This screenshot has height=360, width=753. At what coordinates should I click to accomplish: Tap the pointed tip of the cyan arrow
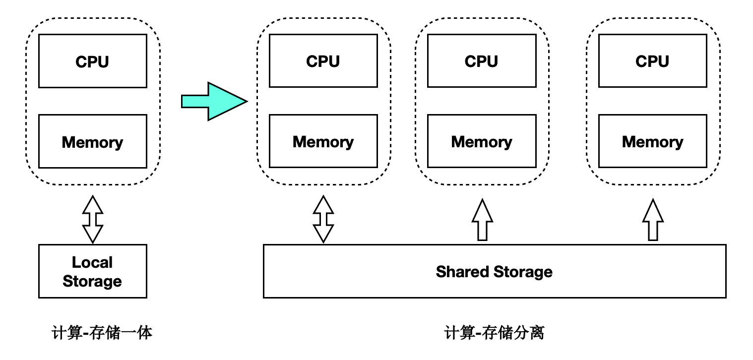coord(245,101)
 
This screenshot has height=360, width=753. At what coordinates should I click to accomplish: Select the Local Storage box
coord(92,271)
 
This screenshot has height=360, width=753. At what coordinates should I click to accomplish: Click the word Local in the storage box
coord(92,262)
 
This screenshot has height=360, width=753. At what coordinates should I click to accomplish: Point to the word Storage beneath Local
coord(92,281)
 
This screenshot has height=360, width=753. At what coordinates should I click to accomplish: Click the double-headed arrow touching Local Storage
coord(92,219)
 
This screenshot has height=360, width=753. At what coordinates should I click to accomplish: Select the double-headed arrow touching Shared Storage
coord(323,219)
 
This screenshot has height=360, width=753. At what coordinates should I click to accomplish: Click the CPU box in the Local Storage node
coord(92,61)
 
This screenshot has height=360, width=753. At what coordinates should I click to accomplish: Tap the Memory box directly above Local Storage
coord(92,141)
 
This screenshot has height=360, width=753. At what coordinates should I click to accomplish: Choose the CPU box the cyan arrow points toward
coord(323,61)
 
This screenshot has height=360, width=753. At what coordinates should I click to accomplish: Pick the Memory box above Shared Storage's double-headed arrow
coord(323,141)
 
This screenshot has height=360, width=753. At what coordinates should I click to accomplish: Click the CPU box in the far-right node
coord(652,61)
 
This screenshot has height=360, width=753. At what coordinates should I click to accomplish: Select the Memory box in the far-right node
coord(652,141)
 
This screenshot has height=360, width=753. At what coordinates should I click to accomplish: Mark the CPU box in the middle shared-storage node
coord(481,61)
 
